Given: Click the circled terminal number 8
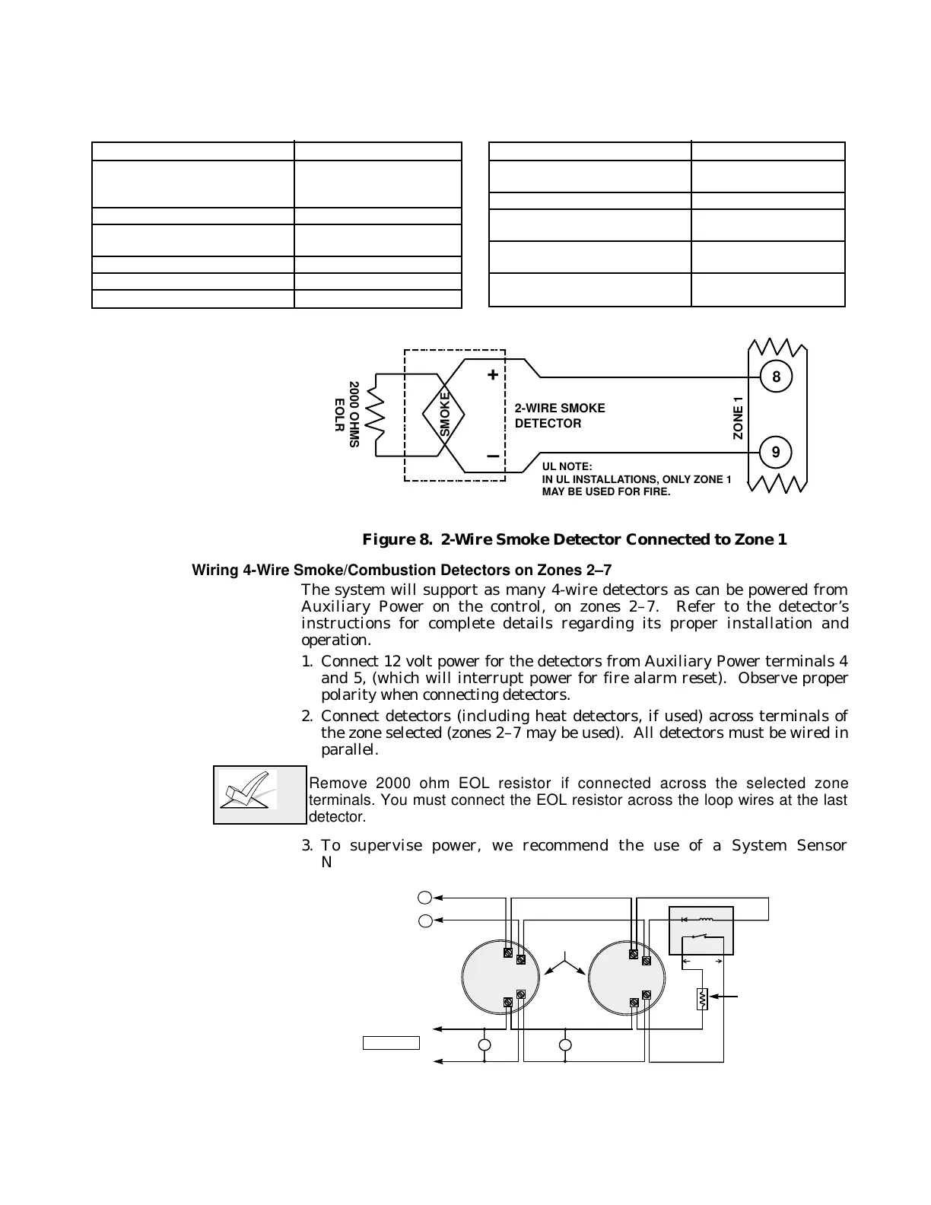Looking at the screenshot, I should click(x=776, y=377).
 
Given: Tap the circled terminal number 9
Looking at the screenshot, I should click(x=776, y=452).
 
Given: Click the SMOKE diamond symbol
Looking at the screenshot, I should click(x=445, y=414).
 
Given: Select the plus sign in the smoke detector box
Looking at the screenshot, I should click(x=493, y=375).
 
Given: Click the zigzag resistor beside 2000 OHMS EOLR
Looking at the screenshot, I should click(x=376, y=415).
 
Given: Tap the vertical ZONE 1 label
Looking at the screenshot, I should click(x=738, y=418).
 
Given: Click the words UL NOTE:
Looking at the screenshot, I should click(x=567, y=466).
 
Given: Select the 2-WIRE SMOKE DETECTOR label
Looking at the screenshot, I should click(x=560, y=415).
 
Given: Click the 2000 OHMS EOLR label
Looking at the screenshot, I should click(x=346, y=415).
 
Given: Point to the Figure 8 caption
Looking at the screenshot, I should click(x=574, y=539).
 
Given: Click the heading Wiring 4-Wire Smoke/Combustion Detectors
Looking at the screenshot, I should click(x=402, y=570).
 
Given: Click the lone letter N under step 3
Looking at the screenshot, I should click(x=326, y=862).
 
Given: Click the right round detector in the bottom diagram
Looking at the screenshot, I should click(x=625, y=978).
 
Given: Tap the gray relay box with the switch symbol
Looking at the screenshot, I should click(x=701, y=930).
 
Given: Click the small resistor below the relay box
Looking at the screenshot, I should click(x=701, y=999).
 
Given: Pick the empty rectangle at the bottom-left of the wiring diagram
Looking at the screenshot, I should click(x=391, y=1042).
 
